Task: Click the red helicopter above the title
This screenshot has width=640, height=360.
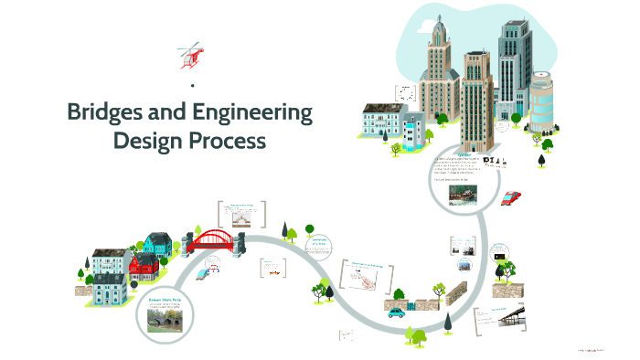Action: [190, 54]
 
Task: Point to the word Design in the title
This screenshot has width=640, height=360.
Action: [150, 142]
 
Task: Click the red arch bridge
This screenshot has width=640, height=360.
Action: [215, 239]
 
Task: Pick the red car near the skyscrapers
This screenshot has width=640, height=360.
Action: [511, 197]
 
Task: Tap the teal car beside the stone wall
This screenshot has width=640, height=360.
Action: [397, 312]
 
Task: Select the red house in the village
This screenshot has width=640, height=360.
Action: [144, 267]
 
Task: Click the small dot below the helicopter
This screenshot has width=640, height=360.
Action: [193, 85]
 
